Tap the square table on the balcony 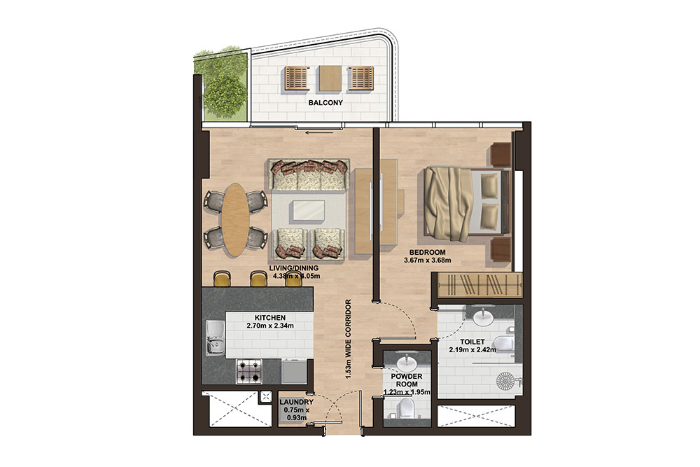click(x=330, y=78)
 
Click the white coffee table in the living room click(x=308, y=211)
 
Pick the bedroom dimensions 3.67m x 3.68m click(x=426, y=261)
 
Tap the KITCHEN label click(x=269, y=316)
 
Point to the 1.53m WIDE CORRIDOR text click(x=348, y=339)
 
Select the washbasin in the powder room click(x=407, y=363)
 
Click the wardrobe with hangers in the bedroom click(x=479, y=286)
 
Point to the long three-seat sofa click(x=308, y=176)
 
